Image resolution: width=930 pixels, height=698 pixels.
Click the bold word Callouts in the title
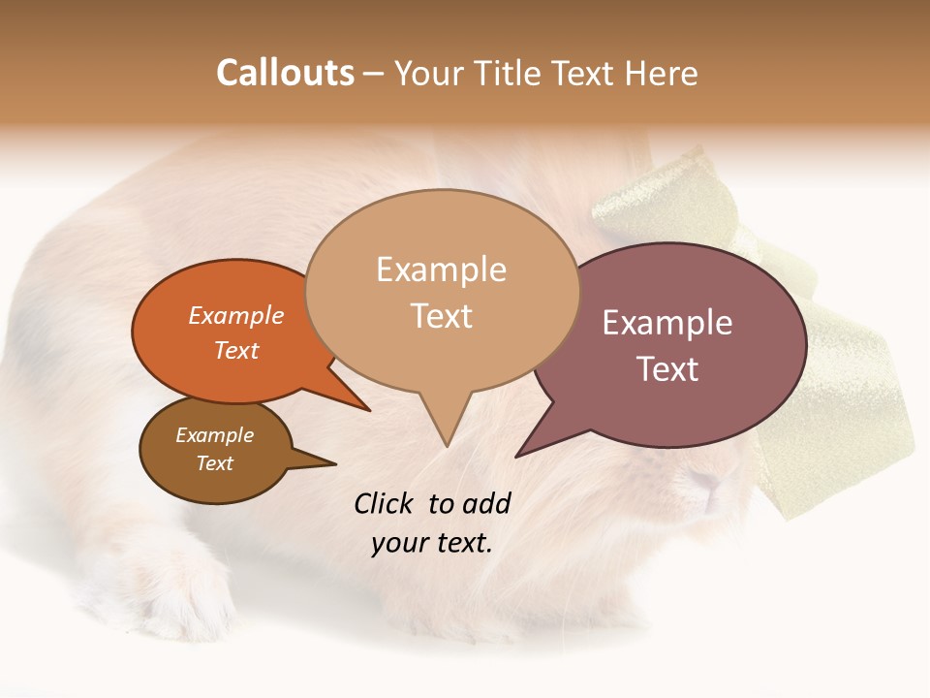tap(285, 73)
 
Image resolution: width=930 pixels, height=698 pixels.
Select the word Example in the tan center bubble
tap(441, 270)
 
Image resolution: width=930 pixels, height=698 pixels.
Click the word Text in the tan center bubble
tap(442, 316)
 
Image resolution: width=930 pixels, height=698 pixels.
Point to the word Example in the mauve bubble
tap(667, 323)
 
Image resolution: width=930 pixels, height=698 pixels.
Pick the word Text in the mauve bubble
tap(667, 369)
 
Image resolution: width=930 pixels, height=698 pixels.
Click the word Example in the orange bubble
tap(236, 315)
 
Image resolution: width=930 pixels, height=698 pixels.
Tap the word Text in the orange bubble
tap(236, 350)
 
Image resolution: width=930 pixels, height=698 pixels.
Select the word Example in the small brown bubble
tap(215, 435)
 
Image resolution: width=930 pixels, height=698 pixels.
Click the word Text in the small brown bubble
tap(215, 463)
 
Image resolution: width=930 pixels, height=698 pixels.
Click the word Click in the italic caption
tap(386, 503)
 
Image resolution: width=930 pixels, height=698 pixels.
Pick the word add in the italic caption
tap(486, 503)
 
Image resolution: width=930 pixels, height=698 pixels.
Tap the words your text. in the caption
tap(432, 542)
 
